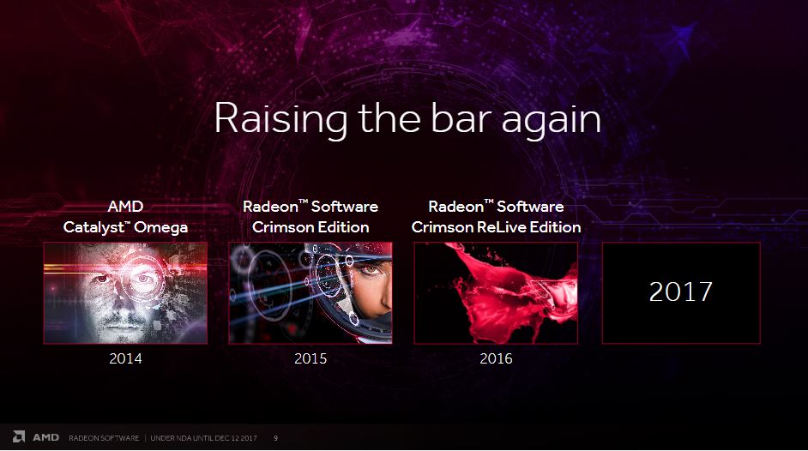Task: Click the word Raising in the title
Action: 280,119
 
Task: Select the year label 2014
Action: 125,358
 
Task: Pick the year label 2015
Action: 311,358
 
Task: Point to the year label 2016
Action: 496,358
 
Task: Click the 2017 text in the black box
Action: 681,292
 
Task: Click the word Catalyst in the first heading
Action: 95,227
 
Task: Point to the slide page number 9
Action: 275,438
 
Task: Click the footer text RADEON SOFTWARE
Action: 104,438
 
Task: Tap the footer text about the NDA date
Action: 203,438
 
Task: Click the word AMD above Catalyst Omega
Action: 125,207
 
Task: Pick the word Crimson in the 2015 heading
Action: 281,227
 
